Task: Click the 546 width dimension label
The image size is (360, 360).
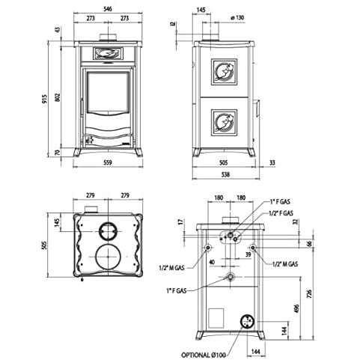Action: (x=108, y=9)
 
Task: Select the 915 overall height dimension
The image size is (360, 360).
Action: (x=44, y=99)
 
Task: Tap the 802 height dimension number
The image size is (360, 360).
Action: (x=58, y=97)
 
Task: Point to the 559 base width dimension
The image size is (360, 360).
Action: (x=108, y=162)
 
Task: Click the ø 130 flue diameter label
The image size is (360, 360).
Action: (x=237, y=18)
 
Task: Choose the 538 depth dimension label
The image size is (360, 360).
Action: (x=225, y=174)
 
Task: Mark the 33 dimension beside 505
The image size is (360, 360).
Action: (x=272, y=162)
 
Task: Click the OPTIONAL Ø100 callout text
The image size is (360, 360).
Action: (x=204, y=355)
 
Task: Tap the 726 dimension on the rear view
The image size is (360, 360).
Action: (x=309, y=294)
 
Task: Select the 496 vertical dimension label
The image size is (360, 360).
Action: (x=296, y=308)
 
